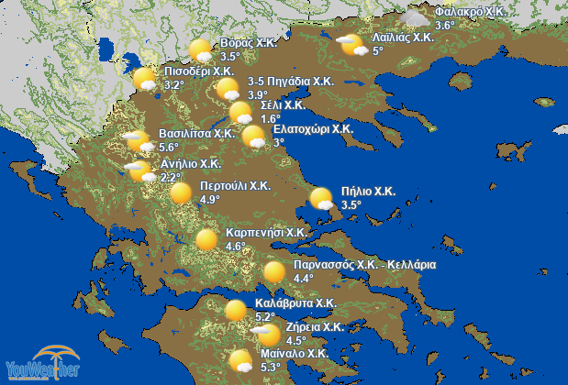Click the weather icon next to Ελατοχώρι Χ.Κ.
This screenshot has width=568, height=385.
click(254, 137)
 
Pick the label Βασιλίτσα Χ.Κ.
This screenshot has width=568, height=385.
click(197, 133)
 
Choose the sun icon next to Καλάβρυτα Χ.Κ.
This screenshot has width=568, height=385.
click(237, 309)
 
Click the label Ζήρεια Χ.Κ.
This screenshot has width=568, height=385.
click(315, 326)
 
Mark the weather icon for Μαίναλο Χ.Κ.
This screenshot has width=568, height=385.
click(241, 361)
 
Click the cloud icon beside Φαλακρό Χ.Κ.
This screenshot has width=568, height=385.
click(417, 17)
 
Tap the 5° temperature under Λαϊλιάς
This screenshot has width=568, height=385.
click(378, 50)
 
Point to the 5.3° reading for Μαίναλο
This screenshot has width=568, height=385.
click(271, 367)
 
